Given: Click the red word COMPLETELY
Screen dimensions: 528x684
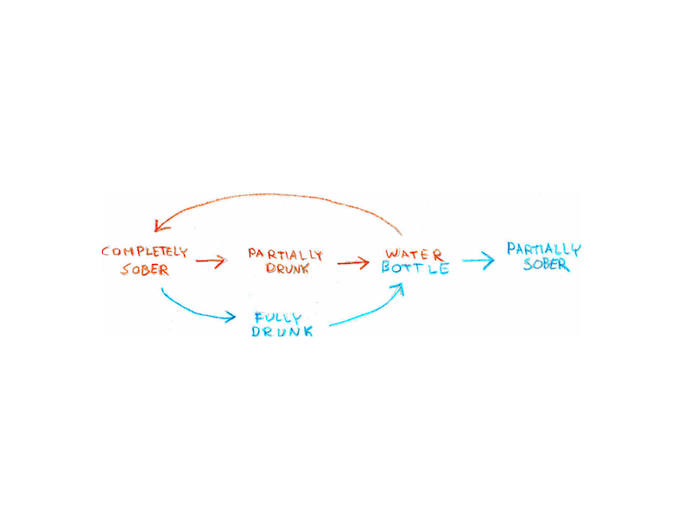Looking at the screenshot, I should coord(144,252).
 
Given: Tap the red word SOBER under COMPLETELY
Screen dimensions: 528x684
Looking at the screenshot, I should coord(144,269).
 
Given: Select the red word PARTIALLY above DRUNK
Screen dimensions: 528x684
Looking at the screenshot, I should coord(285,255).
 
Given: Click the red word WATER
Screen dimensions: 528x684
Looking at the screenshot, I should coord(415,255).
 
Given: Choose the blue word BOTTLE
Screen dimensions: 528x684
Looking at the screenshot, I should coord(415,268).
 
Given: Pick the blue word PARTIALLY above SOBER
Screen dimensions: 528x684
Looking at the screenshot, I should coord(543,250).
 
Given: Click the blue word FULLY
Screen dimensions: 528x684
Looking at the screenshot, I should coord(277,317).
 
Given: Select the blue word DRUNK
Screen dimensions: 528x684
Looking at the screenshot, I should coord(282,332).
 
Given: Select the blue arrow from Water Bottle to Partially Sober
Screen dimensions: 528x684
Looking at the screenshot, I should coord(478,260).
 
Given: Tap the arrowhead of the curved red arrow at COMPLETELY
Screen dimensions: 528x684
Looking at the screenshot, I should coord(159,226).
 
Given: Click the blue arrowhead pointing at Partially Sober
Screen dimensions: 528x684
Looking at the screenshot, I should coord(489,260).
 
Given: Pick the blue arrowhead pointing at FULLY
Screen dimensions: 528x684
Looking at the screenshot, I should coord(230,317).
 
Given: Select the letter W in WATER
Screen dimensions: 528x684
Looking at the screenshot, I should coord(393,255).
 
